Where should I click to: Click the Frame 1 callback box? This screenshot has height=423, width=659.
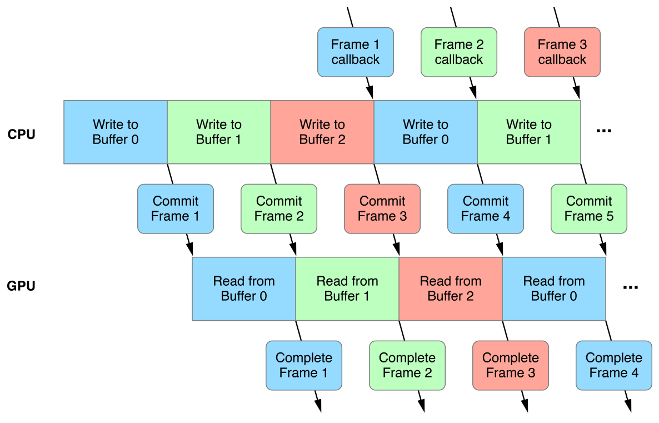coord(355,52)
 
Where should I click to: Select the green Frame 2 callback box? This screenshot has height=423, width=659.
coord(458,52)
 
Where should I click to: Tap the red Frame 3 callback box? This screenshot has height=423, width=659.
coord(562,52)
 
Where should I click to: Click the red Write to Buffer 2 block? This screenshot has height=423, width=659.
coord(322,132)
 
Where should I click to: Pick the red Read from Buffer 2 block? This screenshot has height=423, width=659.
coord(450,289)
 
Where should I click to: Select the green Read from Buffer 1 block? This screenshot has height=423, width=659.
coord(347,289)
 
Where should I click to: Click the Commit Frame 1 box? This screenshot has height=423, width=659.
coord(175,208)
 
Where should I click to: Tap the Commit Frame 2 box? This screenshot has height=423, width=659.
coord(278,208)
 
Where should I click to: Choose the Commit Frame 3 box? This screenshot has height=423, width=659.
coord(382,208)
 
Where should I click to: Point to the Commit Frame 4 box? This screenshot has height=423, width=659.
coord(485,208)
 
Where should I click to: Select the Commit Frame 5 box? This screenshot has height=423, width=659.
coord(588,208)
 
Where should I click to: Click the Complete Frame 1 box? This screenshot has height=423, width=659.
coord(303,365)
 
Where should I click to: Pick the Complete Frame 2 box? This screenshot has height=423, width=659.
coord(407,365)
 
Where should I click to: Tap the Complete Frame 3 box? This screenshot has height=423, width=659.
coord(510,365)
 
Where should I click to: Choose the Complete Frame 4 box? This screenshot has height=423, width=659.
coord(613,365)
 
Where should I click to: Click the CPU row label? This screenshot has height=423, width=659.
coord(22,134)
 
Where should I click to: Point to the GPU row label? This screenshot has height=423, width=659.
coord(22,287)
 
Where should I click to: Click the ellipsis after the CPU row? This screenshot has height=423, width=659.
coord(603,131)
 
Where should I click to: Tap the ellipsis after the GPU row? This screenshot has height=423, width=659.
coord(630,288)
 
